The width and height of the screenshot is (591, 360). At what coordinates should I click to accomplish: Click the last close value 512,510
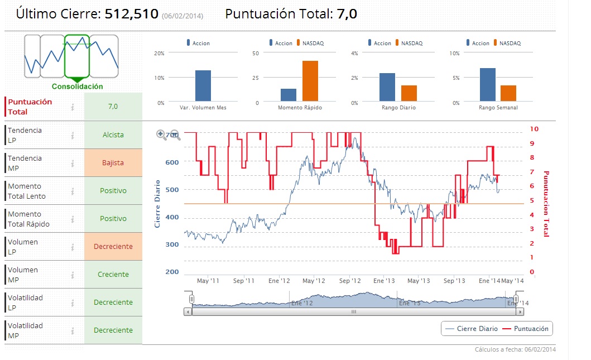click(x=132, y=14)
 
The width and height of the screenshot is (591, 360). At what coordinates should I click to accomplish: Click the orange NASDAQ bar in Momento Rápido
click(x=310, y=81)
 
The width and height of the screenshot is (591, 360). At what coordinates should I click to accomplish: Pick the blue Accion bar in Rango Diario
click(x=387, y=88)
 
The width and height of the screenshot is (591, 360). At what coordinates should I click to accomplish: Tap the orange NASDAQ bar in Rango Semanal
click(x=508, y=93)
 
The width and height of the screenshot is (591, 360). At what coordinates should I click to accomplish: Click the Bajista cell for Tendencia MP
click(x=113, y=163)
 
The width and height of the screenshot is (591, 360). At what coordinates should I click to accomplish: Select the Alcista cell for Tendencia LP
click(x=113, y=135)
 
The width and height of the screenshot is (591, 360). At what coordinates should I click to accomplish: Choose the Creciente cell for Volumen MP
click(x=113, y=275)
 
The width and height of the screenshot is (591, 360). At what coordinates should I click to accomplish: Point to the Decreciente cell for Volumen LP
click(x=113, y=247)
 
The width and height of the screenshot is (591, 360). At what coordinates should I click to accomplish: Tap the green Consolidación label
click(x=77, y=87)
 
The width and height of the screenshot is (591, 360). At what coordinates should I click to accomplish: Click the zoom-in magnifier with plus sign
click(x=161, y=134)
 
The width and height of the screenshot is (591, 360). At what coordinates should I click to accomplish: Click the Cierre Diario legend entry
click(x=471, y=329)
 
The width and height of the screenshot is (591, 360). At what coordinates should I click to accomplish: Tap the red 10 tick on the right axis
click(x=534, y=129)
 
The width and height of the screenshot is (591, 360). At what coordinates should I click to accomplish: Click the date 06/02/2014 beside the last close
click(x=182, y=16)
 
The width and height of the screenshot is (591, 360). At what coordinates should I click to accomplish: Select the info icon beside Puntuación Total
click(x=73, y=107)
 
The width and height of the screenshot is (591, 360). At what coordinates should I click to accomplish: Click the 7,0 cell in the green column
click(x=113, y=107)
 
